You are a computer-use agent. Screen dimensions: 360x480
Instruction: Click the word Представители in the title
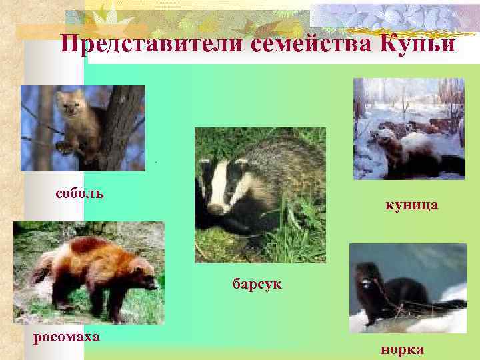[x=153, y=44]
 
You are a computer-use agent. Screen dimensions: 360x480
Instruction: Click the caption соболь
[x=79, y=194]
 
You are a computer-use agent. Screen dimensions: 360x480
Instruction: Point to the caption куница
[x=411, y=205]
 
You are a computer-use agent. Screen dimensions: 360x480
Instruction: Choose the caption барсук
[x=257, y=285]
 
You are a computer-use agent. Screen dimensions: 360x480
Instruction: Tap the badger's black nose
[x=215, y=208]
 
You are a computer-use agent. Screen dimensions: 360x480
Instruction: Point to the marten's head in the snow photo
[x=383, y=141]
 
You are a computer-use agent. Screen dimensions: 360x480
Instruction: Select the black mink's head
[x=365, y=275]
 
